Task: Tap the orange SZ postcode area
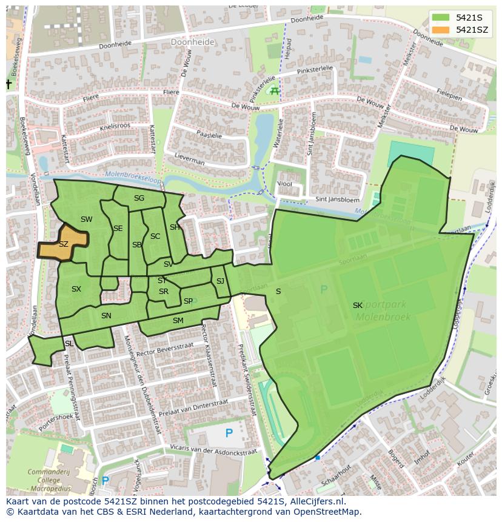tap(64, 244)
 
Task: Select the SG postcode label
tap(139, 198)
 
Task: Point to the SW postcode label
tap(86, 219)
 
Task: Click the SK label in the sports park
tap(358, 306)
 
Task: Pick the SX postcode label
tap(76, 289)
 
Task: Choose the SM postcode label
tap(178, 320)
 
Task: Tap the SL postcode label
tap(69, 344)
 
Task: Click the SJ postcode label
tap(220, 281)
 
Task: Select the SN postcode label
tap(106, 316)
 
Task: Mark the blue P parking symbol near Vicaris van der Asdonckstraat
tap(229, 433)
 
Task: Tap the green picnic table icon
tap(274, 91)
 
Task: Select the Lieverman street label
tap(190, 162)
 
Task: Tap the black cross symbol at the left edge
tap(9, 84)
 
